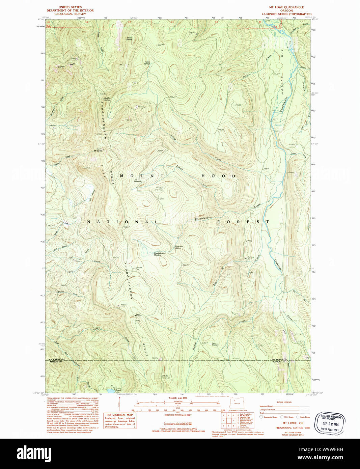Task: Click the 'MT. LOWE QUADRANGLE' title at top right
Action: tap(286, 7)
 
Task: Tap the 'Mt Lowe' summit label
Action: tap(98, 150)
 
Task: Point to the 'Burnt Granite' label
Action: tap(129, 38)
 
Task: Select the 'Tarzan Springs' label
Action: tap(147, 63)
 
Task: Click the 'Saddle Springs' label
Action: tap(107, 99)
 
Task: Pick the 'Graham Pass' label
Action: tap(138, 269)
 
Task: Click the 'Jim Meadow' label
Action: tap(138, 181)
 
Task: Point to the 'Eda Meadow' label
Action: tap(215, 344)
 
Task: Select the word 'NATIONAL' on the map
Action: tap(122, 222)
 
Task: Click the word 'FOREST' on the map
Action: tap(243, 222)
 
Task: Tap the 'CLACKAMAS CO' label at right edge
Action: tap(278, 359)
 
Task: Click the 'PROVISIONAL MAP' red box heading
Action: tap(119, 415)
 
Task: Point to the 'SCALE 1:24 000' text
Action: tap(178, 398)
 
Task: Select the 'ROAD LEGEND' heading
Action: tap(284, 402)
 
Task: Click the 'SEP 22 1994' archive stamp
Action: tap(330, 423)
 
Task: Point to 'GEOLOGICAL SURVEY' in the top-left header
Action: tap(70, 14)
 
